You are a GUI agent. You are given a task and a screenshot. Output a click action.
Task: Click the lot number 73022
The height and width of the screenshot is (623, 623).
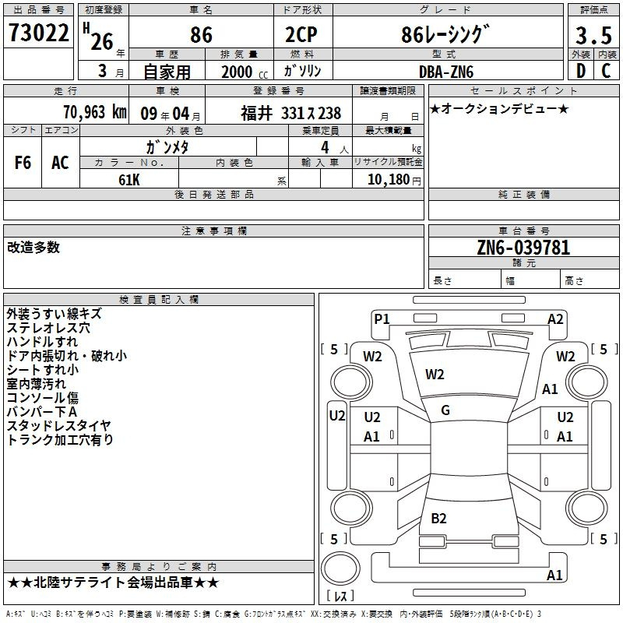[38, 33]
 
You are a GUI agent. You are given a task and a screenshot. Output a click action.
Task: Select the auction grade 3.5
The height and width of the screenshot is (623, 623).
[593, 35]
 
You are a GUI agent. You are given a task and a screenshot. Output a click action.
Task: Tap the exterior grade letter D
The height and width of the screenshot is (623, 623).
[581, 71]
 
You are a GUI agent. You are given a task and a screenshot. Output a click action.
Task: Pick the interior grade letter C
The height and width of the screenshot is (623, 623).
[606, 71]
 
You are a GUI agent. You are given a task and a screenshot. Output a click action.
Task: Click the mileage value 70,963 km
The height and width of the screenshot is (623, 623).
[95, 112]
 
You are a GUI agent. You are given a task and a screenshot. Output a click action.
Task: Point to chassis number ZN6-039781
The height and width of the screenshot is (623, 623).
[523, 248]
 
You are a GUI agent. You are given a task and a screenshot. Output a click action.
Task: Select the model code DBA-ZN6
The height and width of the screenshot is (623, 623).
[446, 72]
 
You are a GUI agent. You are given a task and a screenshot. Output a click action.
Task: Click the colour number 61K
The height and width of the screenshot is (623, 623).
[129, 180]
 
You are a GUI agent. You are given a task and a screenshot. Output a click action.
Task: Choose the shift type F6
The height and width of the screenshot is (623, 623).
[23, 163]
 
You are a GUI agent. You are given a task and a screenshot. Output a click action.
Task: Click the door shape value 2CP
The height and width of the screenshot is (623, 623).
[301, 34]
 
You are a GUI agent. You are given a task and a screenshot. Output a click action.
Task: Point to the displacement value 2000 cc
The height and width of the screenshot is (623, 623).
[245, 72]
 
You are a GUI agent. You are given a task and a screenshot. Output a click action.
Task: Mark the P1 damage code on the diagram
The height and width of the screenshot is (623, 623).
[382, 319]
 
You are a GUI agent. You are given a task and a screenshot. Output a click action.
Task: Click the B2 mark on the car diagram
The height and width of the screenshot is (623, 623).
[438, 518]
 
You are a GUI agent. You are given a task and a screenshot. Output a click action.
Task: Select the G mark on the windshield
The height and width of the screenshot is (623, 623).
[445, 410]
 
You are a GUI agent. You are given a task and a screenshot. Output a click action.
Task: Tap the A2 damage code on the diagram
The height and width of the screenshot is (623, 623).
[555, 319]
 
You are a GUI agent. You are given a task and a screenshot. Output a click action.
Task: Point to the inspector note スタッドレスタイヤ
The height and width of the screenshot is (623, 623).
[59, 425]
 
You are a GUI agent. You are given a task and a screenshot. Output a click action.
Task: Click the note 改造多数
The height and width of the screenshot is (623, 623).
[33, 247]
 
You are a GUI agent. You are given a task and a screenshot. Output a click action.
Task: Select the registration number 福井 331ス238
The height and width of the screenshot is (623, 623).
[290, 113]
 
